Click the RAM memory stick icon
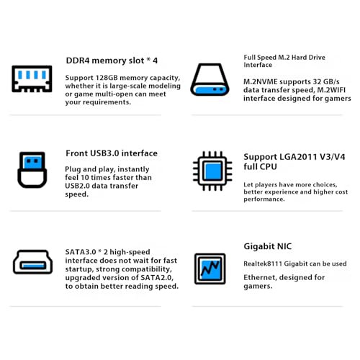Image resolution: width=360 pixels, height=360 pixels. coord(32,78)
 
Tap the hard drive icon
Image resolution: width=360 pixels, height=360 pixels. coord(210,80)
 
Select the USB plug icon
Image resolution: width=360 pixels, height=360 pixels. coord(32,170)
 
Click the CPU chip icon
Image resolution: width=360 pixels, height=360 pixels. coord(212,171)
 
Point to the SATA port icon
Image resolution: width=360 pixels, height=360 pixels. coord(32,262)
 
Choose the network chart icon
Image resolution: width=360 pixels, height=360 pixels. coord(210,269)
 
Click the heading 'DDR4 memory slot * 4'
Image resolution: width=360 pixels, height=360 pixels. coord(112,60)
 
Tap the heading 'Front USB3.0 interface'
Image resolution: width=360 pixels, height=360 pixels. coord(112,153)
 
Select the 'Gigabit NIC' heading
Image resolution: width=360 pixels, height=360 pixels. coord(268,246)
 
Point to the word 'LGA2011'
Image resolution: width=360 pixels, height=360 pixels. coord(298,157)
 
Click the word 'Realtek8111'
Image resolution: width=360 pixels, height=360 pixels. coord(263,264)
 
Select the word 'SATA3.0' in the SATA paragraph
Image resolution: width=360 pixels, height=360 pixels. coord(81,252)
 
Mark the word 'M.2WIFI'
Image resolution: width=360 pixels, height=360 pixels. coord(331,90)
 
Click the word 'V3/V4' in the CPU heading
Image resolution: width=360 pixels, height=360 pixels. coord(333,157)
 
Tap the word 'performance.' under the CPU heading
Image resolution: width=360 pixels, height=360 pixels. coord(264,199)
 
